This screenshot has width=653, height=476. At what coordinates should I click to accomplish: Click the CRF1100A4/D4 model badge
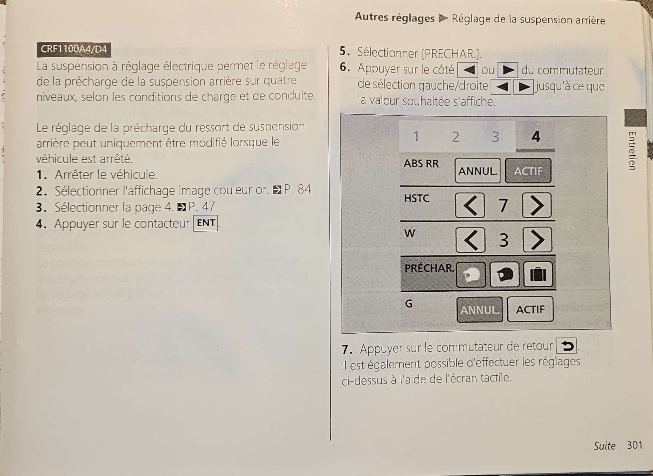[x=74, y=50]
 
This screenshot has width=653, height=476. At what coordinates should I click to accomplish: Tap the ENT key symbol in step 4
[x=206, y=223]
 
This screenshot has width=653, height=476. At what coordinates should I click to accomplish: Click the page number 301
[x=635, y=445]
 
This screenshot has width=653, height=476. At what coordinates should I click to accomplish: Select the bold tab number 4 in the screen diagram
[x=536, y=136]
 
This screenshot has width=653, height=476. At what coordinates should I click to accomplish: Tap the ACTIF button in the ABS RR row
[x=528, y=171]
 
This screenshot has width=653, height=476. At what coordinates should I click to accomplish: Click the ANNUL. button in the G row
[x=480, y=310]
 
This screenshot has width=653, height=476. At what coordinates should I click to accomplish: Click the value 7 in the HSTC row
[x=503, y=205]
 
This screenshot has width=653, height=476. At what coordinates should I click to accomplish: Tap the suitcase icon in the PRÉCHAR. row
[x=538, y=274]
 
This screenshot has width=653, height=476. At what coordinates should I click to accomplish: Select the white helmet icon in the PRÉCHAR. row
[x=471, y=275]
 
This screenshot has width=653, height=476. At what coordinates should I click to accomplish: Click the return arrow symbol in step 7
[x=566, y=345]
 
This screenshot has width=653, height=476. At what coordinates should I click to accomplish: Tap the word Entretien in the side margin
[x=632, y=151]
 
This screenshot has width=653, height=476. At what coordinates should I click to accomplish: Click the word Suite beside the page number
[x=604, y=446]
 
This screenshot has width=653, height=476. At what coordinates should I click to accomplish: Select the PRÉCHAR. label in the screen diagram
[x=429, y=268]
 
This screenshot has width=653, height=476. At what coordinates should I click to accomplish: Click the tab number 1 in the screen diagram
[x=416, y=136]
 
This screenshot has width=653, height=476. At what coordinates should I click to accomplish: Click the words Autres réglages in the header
[x=395, y=18]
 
